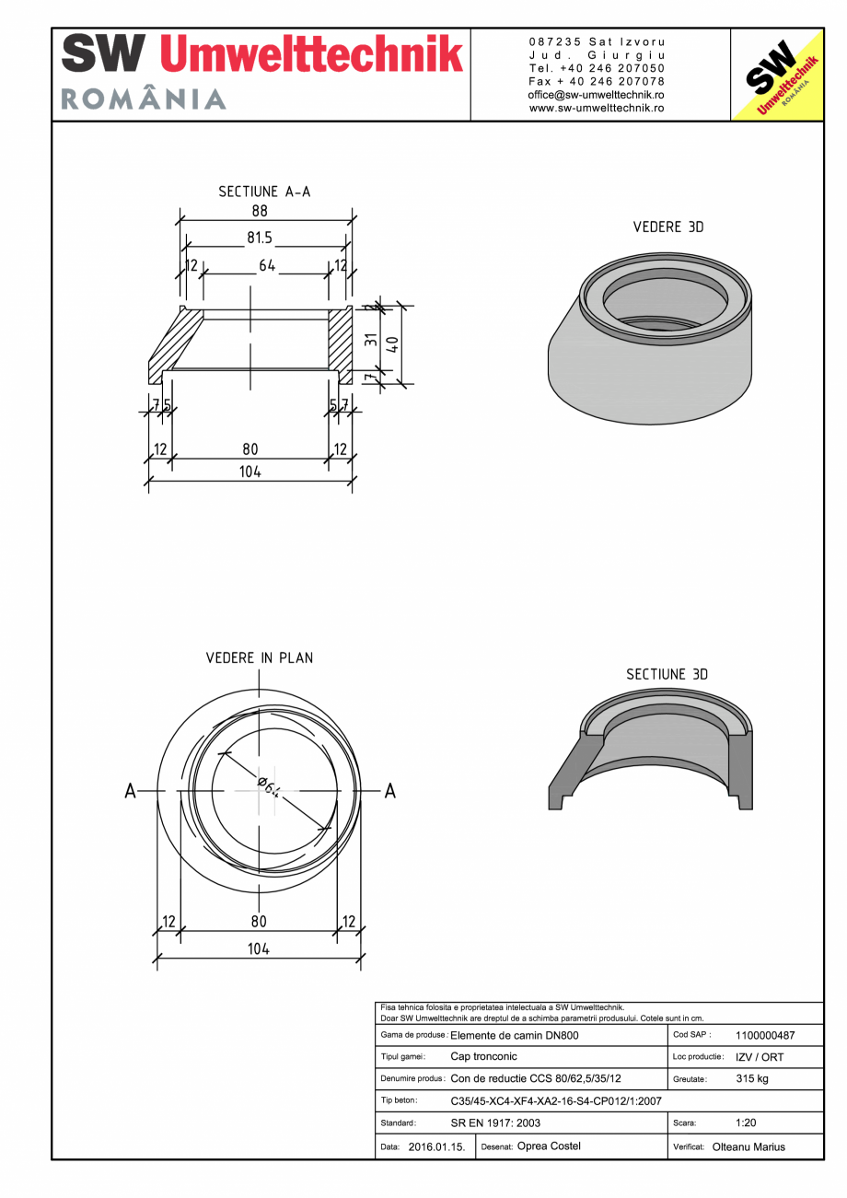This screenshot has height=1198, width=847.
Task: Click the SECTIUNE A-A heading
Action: point(264,192)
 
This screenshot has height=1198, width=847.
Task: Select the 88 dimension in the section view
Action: point(260,211)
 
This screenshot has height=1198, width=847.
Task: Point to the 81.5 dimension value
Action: point(260,238)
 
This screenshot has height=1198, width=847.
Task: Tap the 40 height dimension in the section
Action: point(392,344)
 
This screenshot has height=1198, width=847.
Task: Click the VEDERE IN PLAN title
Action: point(259,657)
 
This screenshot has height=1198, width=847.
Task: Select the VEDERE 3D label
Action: point(667,227)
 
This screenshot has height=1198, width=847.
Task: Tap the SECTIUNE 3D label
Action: point(667,674)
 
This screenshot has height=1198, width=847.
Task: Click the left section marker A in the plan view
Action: point(132,791)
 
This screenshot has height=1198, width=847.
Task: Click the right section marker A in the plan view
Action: point(390,791)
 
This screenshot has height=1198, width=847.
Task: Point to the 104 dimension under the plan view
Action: point(258,948)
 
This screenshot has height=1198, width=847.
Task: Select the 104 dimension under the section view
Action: point(250,471)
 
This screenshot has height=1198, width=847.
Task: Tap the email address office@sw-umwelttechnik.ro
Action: point(597,95)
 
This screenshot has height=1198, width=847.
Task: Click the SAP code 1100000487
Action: point(765,1035)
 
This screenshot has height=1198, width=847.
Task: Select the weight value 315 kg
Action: point(752,1078)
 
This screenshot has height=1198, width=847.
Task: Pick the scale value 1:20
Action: point(746,1122)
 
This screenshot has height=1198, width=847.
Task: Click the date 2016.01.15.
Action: point(436,1146)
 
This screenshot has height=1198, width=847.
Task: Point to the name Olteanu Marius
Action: point(748,1146)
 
